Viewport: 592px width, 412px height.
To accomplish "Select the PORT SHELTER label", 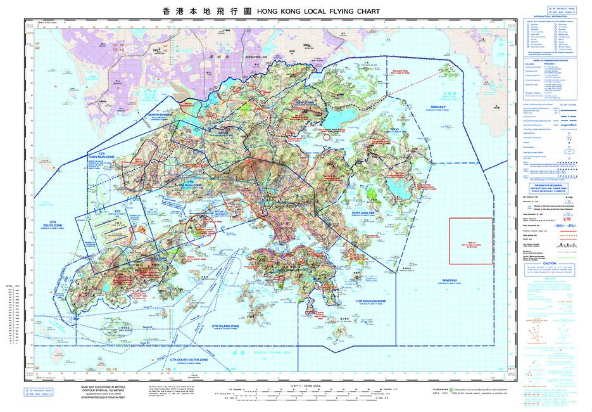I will pyautogui.click(x=364, y=212).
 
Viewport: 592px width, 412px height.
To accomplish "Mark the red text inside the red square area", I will pyautogui.click(x=470, y=243).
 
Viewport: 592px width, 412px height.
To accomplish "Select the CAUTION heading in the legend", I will pyautogui.click(x=549, y=263).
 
